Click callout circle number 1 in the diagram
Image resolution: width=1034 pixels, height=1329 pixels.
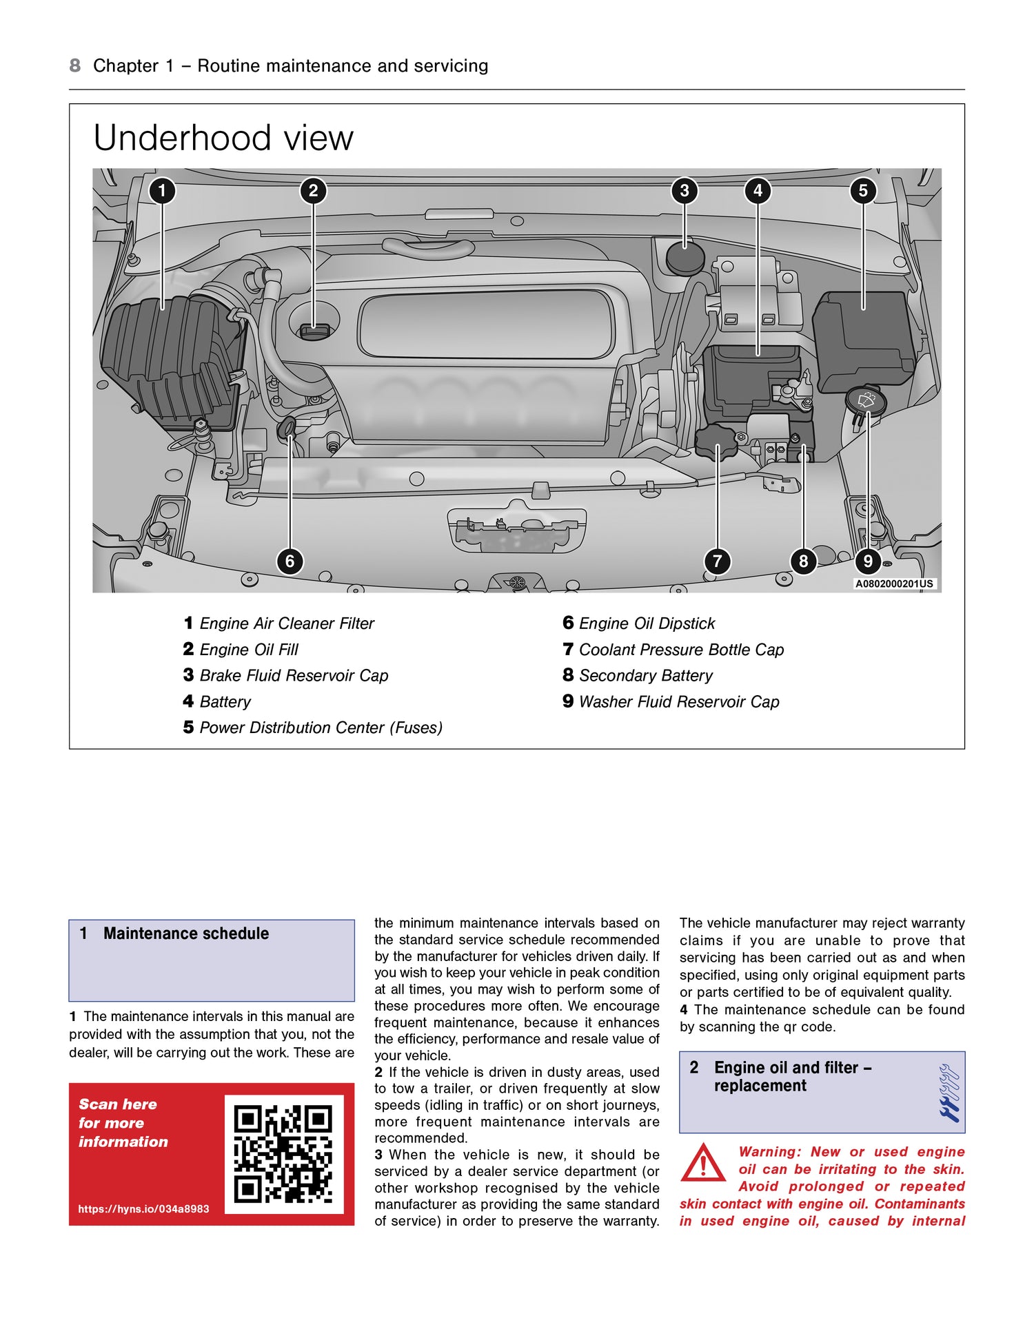(162, 191)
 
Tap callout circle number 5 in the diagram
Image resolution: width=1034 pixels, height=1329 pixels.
(863, 191)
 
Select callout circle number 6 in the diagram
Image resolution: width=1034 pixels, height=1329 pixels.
(290, 562)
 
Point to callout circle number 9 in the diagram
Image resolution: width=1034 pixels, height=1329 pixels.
(868, 562)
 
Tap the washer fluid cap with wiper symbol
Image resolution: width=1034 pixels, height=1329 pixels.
(866, 400)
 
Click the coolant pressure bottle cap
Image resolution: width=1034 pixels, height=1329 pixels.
(716, 442)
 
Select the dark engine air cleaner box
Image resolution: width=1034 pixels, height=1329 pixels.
(169, 362)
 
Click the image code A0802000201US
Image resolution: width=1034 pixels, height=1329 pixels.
(894, 584)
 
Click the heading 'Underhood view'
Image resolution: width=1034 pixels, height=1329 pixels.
(223, 138)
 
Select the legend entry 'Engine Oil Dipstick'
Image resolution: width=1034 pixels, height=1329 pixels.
(647, 624)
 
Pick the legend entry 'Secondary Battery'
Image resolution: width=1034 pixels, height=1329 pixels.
(645, 676)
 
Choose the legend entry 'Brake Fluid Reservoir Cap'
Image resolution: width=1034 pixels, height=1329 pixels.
(294, 676)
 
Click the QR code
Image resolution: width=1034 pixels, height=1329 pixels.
(283, 1154)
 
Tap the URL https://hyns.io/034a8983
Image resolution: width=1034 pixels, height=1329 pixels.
(143, 1209)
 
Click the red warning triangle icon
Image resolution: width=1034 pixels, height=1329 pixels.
(702, 1164)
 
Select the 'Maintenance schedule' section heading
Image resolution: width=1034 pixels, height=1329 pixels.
(186, 934)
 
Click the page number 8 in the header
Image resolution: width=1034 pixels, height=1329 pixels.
(74, 66)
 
